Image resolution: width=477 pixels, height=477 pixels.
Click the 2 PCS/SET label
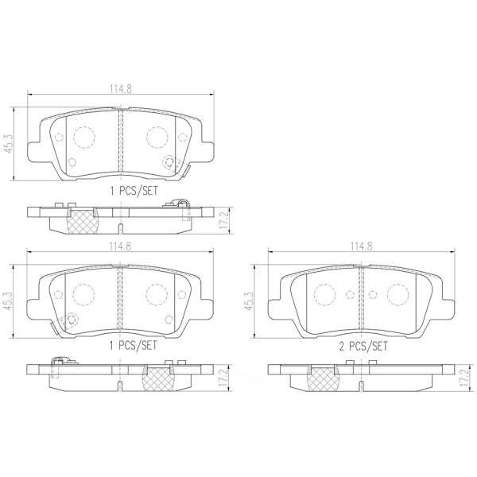click(363, 346)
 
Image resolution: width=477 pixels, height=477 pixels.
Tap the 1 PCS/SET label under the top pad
click(134, 191)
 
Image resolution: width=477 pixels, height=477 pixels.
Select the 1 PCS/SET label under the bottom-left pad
click(134, 345)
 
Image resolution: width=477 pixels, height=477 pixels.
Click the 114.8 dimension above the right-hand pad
click(361, 246)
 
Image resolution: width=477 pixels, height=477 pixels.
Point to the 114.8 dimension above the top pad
click(121, 89)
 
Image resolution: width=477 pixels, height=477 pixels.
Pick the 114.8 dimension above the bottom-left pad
click(121, 246)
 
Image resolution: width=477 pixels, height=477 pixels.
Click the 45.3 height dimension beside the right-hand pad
click(250, 301)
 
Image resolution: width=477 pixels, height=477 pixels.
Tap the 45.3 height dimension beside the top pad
click(9, 144)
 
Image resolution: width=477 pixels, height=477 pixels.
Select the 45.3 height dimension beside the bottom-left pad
click(9, 301)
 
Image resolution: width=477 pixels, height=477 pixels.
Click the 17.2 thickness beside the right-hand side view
click(463, 378)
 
